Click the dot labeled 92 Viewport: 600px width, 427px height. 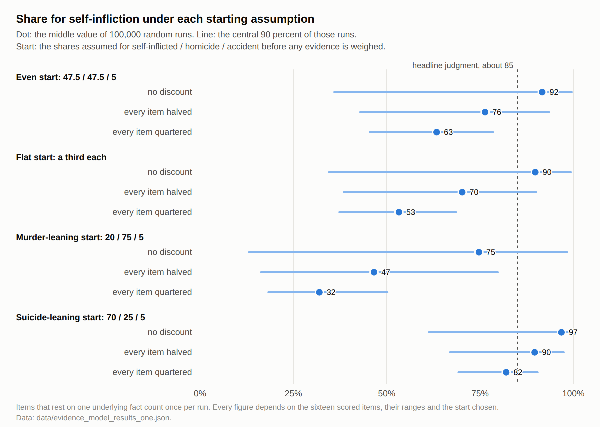[542, 92]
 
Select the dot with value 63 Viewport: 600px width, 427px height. [436, 132]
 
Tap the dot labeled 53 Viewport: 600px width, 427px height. [399, 212]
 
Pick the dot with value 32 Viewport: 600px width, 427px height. [319, 292]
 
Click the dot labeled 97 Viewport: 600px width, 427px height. [561, 332]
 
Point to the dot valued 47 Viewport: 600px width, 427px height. [374, 272]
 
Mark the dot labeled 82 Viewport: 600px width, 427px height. [506, 372]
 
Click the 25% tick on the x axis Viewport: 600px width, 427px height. [293, 394]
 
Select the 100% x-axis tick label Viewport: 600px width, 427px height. [573, 394]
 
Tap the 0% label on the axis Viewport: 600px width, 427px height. [200, 394]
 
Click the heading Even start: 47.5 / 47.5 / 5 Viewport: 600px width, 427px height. [66, 77]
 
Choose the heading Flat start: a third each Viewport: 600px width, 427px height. [61, 157]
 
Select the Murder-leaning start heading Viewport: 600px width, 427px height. [80, 238]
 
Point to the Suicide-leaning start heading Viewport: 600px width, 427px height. [80, 318]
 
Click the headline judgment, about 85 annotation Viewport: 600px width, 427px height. [463, 65]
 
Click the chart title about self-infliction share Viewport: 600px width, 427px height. [165, 19]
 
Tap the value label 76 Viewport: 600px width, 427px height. [497, 112]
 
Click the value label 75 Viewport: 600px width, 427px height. [491, 252]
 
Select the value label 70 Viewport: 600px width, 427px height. [474, 192]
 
